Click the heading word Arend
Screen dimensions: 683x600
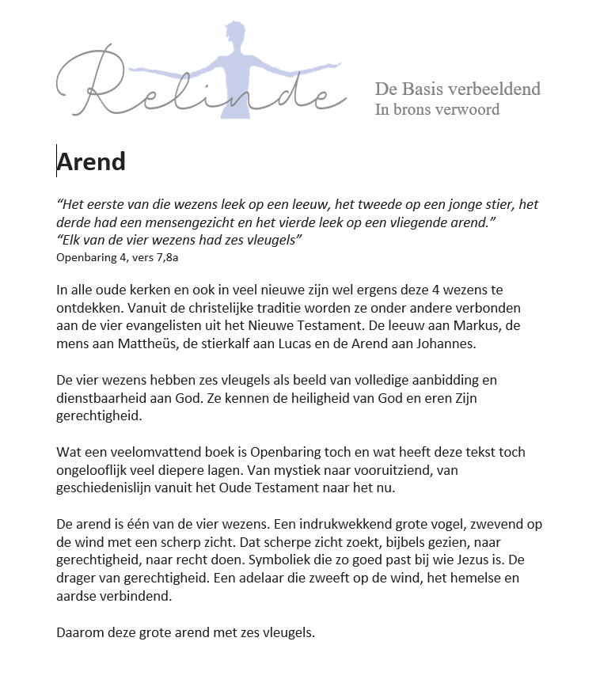coord(91,161)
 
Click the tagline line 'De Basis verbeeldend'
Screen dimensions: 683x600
coord(458,88)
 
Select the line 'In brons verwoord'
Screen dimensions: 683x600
coord(437,109)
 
